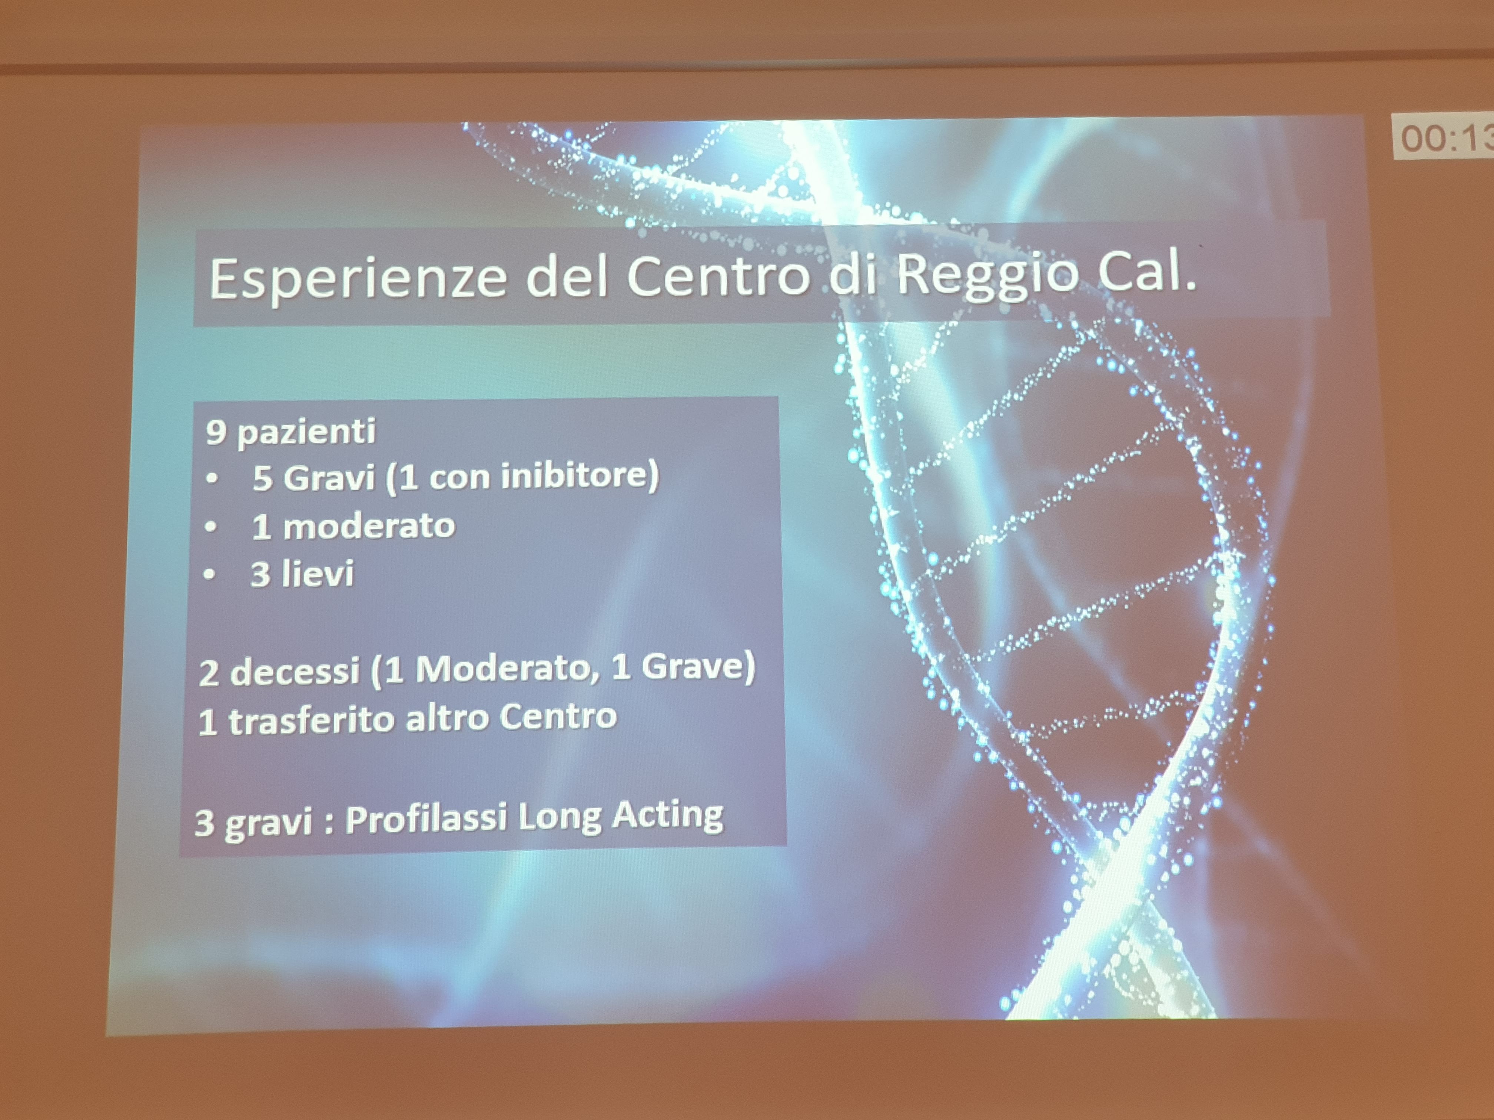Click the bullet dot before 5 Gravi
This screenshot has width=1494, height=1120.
[x=213, y=479]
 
